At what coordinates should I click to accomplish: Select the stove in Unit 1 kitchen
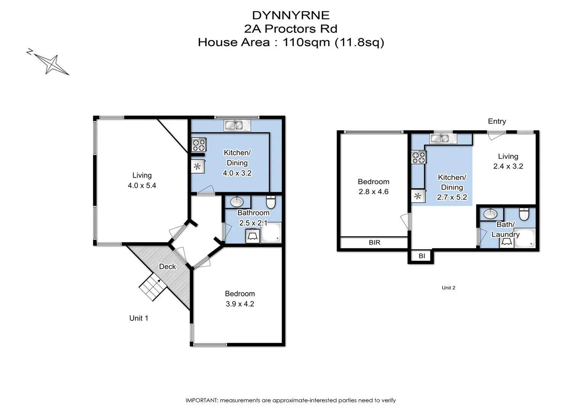[x=198, y=145]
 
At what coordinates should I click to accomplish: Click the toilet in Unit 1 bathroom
[x=271, y=202]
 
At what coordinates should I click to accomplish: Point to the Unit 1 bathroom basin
[x=237, y=201]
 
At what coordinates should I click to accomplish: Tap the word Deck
[x=167, y=266]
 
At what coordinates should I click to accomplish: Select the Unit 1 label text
[x=139, y=318]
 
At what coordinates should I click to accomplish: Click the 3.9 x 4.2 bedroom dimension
[x=240, y=304]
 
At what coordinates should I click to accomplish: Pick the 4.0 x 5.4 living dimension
[x=142, y=185]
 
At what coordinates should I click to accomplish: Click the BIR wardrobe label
[x=374, y=242]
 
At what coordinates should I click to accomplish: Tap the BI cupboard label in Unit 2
[x=422, y=256]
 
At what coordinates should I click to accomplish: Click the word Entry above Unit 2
[x=497, y=121]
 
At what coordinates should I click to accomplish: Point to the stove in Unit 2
[x=418, y=157]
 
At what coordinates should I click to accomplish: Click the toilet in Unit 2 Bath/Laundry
[x=524, y=214]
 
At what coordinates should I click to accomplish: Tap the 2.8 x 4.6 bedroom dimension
[x=373, y=191]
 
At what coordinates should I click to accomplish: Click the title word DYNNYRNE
[x=291, y=15]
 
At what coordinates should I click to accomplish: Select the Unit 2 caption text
[x=448, y=288]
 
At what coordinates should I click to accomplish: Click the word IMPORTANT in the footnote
[x=201, y=400]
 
